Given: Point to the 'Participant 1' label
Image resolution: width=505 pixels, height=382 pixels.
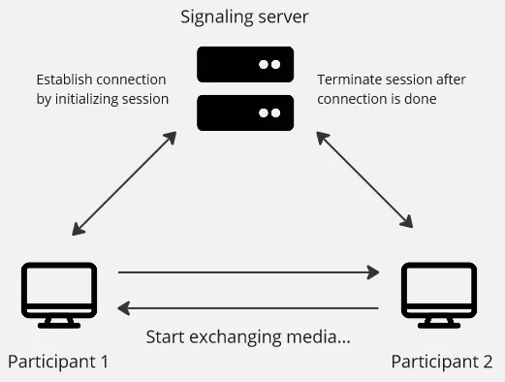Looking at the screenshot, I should (57, 363).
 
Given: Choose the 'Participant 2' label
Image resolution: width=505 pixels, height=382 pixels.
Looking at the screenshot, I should (441, 363).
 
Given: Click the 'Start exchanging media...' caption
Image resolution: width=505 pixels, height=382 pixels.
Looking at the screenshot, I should (247, 337).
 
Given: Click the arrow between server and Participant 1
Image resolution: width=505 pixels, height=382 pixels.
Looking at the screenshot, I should (124, 183).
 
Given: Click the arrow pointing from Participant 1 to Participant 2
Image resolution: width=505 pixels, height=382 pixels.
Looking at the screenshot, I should (248, 273).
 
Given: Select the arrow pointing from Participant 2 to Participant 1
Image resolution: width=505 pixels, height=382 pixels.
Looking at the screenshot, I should (248, 308).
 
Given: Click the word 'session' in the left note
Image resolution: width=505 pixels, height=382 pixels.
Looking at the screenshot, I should (144, 99).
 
